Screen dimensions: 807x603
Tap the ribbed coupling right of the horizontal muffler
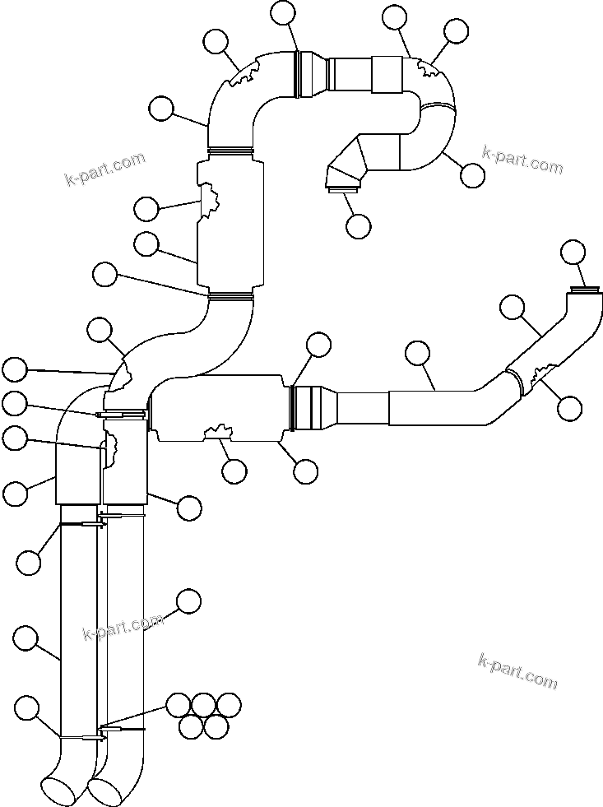[311, 407]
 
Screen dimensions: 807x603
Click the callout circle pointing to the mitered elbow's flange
[359, 225]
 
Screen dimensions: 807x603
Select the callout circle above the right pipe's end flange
[573, 252]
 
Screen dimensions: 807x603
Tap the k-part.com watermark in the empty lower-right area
[517, 670]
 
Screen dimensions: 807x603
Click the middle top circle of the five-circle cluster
[203, 705]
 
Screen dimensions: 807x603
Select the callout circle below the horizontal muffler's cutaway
[234, 471]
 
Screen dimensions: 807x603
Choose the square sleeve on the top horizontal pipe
[387, 74]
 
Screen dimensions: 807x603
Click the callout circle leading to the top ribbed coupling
[284, 12]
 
